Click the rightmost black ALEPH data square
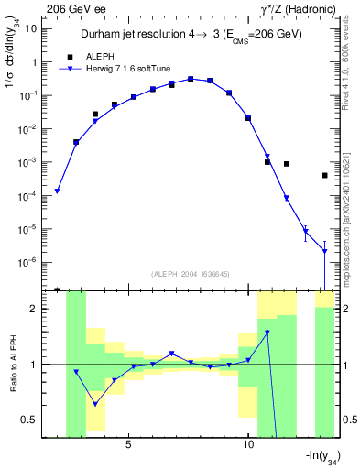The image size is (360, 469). coord(325,175)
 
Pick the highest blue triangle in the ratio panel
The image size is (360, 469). coord(267,333)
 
